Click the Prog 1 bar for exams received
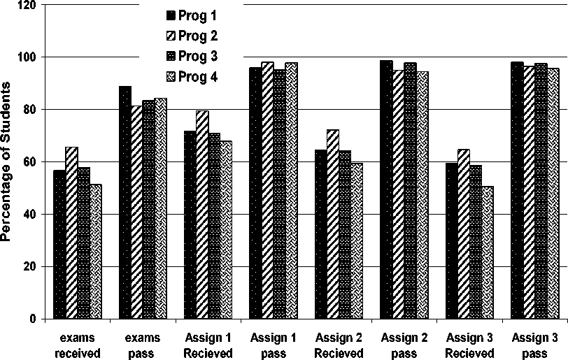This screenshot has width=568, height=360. (59, 245)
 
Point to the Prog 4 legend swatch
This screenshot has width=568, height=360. (170, 77)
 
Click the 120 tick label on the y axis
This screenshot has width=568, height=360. (27, 5)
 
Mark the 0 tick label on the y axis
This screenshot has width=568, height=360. (33, 319)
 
